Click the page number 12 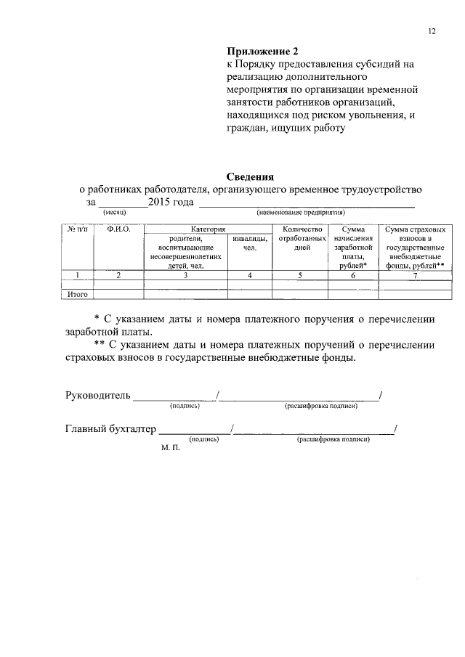tap(432, 31)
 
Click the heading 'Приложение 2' tap(262, 52)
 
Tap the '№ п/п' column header tap(76, 229)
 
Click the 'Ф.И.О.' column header tap(118, 229)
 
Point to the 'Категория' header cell tap(208, 229)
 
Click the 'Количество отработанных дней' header tap(300, 238)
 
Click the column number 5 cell tap(300, 275)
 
